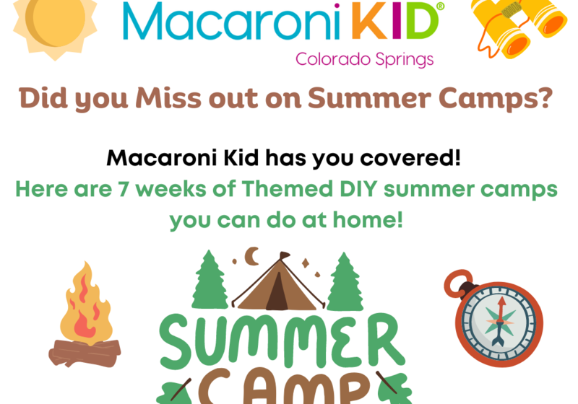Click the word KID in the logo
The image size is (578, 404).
pyautogui.click(x=394, y=21)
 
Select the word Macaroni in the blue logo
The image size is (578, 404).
pyautogui.click(x=231, y=22)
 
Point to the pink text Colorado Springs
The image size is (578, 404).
pyautogui.click(x=365, y=60)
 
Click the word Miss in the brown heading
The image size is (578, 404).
pyautogui.click(x=168, y=99)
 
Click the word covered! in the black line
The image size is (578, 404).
pyautogui.click(x=410, y=158)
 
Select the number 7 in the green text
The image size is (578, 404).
pyautogui.click(x=122, y=190)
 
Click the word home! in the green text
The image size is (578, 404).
pyautogui.click(x=368, y=220)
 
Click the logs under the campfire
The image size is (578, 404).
pyautogui.click(x=85, y=353)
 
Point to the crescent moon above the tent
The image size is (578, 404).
pyautogui.click(x=252, y=256)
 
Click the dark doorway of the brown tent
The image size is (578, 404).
pyautogui.click(x=277, y=292)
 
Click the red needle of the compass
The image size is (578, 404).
pyautogui.click(x=501, y=309)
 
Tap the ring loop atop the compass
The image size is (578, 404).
pyautogui.click(x=457, y=283)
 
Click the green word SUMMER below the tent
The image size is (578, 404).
pyautogui.click(x=282, y=341)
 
